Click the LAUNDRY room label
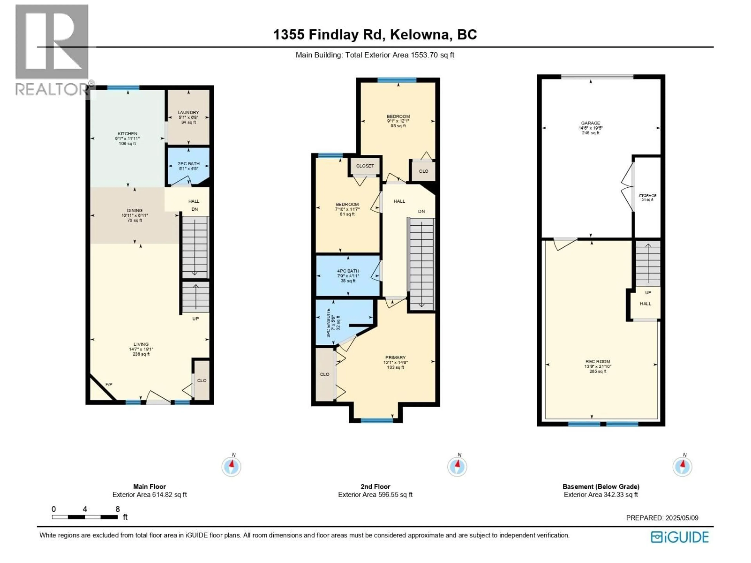point(188,112)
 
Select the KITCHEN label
point(127,134)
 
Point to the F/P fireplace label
point(109,385)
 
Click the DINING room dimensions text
point(135,215)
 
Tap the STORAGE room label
point(648,196)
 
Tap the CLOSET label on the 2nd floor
point(365,166)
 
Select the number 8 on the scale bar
point(118,509)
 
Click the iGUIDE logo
point(680,537)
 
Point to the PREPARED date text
point(662,518)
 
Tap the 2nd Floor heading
point(375,486)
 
